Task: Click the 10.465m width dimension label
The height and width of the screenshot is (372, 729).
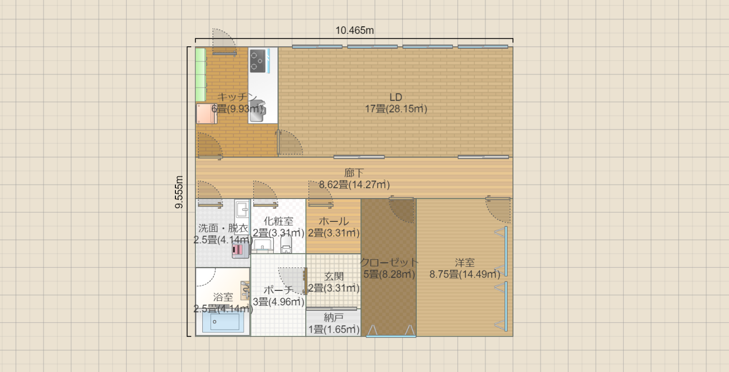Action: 354,30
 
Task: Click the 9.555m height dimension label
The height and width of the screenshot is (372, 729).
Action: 179,192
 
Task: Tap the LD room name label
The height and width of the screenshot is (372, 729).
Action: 396,97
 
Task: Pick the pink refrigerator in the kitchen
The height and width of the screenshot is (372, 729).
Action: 206,113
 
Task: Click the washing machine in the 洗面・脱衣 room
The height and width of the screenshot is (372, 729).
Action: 240,250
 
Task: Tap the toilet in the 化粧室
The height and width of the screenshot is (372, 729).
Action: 286,244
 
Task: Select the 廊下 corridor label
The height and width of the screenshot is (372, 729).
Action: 354,173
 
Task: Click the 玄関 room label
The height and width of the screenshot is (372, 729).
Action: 334,276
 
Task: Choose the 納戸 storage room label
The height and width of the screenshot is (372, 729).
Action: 334,317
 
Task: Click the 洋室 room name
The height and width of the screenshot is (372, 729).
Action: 465,263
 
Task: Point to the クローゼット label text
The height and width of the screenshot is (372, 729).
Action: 389,262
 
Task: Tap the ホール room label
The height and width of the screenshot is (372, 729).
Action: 334,222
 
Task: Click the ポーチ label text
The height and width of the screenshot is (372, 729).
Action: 278,290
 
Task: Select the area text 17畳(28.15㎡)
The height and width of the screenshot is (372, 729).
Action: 396,109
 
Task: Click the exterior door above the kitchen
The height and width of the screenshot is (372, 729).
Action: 224,42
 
